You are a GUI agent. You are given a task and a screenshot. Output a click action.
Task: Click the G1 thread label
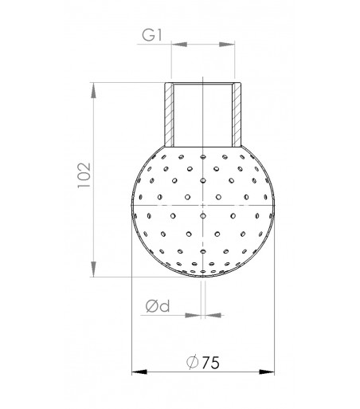152,35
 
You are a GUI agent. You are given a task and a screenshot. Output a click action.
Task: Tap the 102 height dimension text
84,175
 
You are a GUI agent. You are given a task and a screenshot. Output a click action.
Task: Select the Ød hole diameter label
158,306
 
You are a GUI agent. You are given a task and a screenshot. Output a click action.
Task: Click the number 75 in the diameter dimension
211,363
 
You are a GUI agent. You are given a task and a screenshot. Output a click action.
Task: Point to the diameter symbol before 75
193,362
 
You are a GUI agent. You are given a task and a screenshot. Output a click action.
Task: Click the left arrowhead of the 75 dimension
139,372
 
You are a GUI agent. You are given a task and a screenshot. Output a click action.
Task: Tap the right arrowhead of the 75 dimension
267,372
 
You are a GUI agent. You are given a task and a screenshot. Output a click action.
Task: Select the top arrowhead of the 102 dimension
93,90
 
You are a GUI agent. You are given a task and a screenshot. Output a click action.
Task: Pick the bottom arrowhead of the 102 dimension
93,269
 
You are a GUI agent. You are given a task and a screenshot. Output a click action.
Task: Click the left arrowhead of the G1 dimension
179,45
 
